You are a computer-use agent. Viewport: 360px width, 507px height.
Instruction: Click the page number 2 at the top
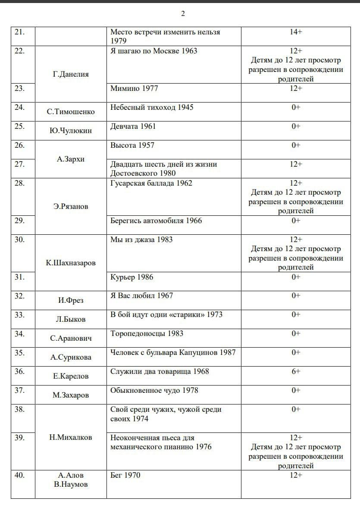183,14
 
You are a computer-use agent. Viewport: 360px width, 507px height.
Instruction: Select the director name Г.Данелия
71,74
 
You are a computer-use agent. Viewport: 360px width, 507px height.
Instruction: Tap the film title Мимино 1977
134,88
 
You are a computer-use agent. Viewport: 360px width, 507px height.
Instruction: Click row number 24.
19,107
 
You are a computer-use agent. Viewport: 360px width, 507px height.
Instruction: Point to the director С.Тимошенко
71,112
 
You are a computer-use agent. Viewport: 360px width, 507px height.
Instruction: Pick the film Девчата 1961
133,126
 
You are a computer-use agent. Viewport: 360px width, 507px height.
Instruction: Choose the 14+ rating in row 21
295,32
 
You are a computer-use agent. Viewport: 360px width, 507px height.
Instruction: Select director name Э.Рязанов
71,206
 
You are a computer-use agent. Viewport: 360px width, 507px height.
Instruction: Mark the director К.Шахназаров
71,263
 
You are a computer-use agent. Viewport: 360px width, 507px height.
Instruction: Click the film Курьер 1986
131,277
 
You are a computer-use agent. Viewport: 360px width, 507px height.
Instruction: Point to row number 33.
19,314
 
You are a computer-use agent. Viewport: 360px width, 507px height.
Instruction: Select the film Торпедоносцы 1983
147,333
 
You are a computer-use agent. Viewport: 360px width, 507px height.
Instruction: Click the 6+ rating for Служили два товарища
296,371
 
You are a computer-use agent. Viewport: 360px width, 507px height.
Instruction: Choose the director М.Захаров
71,395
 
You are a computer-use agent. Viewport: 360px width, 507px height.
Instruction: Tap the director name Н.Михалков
71,437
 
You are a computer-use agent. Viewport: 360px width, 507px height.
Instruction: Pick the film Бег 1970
125,475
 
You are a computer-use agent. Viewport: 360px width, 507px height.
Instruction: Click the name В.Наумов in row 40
71,485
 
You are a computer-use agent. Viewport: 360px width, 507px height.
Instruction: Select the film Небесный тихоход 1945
152,107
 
